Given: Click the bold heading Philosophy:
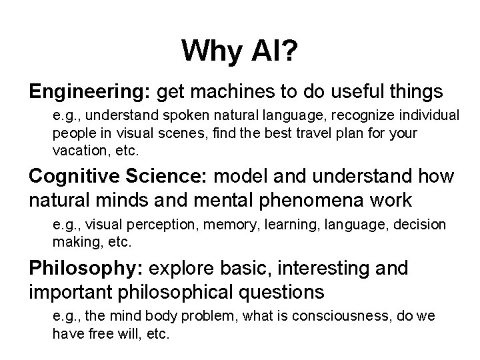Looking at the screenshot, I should (86, 269).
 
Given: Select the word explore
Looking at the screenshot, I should (177, 269).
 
